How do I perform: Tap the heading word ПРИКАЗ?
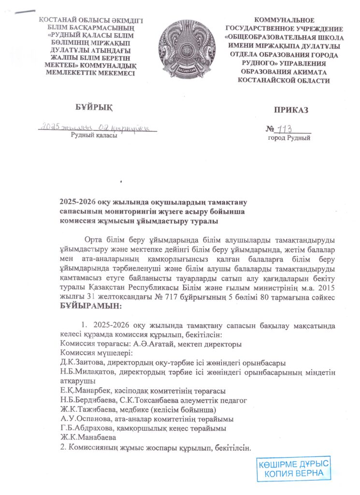[x=291, y=110]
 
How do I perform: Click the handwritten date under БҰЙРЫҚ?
[x=97, y=127]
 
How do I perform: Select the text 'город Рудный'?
[x=289, y=138]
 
